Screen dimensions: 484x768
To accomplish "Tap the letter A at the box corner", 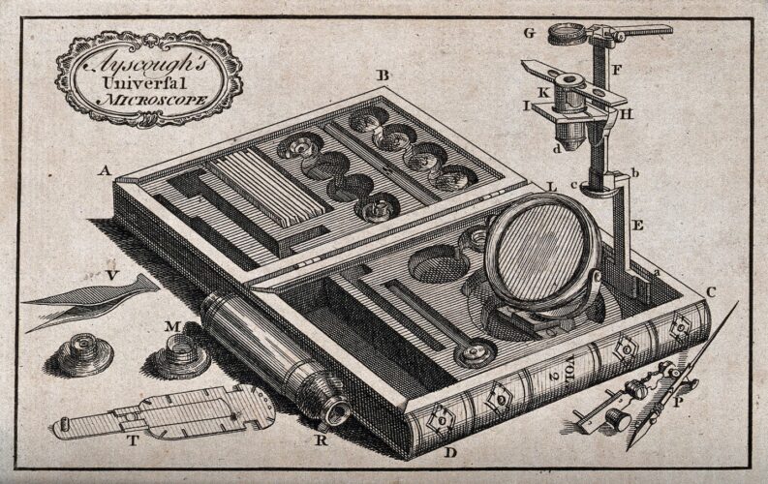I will click(104, 170).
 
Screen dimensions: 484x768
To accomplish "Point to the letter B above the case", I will click(384, 76).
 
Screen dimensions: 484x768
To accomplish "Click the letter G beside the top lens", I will click(529, 33).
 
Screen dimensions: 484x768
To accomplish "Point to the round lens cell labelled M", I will click(179, 355).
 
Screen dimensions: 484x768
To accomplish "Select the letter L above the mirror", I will click(550, 186).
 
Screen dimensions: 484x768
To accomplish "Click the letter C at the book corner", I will click(711, 291).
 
